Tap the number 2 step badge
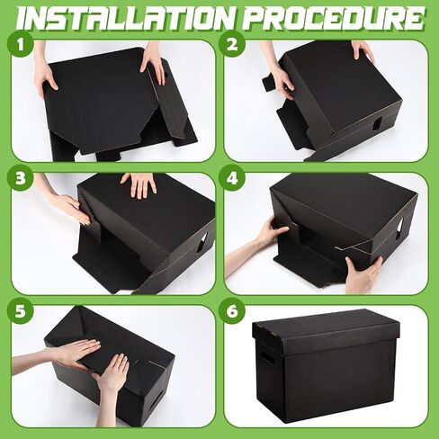tap(232, 45)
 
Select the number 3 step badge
tap(19, 177)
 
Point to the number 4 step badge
tap(232, 177)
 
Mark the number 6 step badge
tap(232, 310)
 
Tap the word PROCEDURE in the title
tap(341, 18)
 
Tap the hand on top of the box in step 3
tap(139, 184)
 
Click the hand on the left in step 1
tap(45, 76)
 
